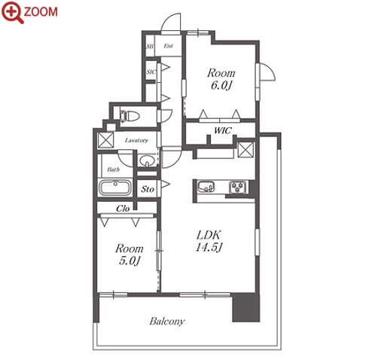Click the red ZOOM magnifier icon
(13, 12)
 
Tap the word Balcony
(167, 322)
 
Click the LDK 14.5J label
(209, 241)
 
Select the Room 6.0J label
(221, 79)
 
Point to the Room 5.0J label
(130, 255)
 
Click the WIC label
(223, 130)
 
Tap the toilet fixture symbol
(130, 116)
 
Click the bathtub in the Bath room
(115, 188)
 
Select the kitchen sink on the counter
(206, 187)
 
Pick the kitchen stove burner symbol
(237, 188)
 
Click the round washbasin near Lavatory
(146, 160)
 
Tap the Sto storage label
(148, 189)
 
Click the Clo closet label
(123, 209)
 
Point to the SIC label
(151, 72)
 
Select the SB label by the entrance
(150, 47)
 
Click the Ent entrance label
(168, 46)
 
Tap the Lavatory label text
(136, 140)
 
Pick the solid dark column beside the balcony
(245, 308)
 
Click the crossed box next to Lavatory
(105, 140)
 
